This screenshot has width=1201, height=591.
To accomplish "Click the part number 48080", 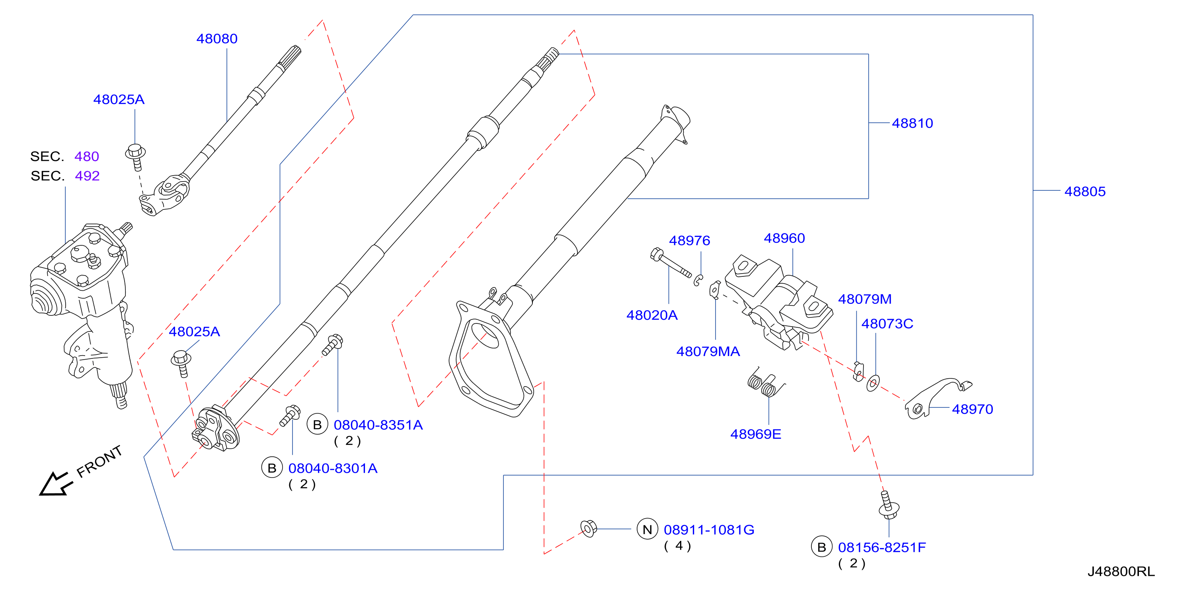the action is (x=217, y=39).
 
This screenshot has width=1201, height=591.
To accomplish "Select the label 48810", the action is (x=912, y=123).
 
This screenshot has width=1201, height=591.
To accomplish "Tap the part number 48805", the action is (x=1085, y=191).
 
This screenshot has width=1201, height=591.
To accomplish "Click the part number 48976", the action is (x=690, y=240).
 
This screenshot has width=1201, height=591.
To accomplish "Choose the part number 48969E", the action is (x=756, y=434).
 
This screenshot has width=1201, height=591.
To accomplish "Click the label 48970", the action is (x=973, y=409).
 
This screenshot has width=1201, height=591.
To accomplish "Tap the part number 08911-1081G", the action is (x=709, y=530).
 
